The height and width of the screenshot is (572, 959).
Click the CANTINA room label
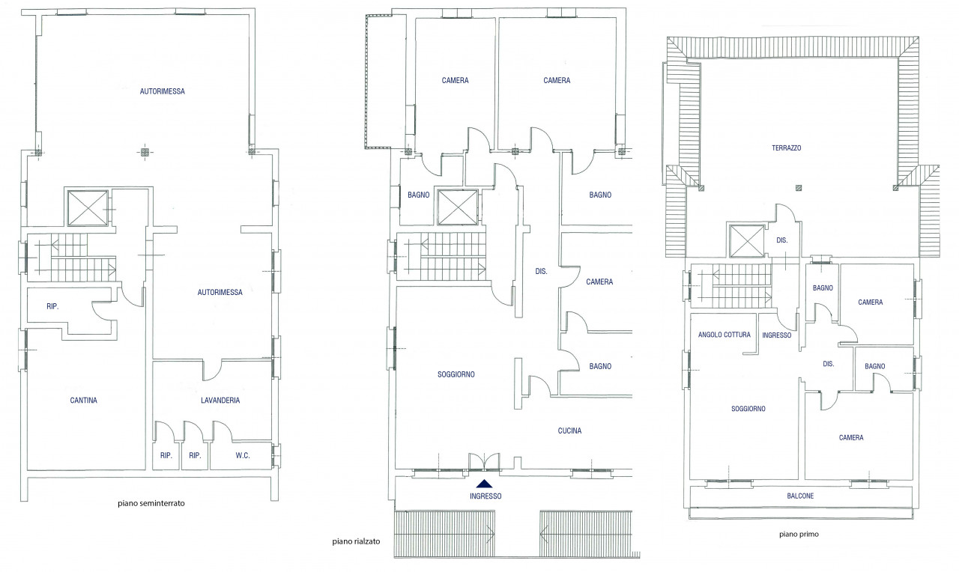point(83,401)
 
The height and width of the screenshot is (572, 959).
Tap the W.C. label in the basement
point(242,456)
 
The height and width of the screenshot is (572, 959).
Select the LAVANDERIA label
point(220,401)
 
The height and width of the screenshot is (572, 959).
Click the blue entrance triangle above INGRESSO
point(484,484)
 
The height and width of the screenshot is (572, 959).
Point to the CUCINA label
point(569,430)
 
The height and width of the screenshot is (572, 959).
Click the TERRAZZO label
point(787,148)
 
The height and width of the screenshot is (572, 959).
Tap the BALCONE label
point(800,496)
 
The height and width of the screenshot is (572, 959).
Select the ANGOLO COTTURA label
point(724,335)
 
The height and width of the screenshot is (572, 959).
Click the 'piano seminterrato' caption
point(151,504)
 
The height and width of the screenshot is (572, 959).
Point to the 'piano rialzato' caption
point(356,541)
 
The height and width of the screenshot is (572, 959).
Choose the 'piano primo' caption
point(799,535)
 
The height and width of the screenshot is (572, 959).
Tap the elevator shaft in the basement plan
point(88,208)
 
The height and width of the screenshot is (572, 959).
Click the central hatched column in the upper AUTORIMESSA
point(145,152)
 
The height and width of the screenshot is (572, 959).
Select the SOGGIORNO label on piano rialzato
point(456,374)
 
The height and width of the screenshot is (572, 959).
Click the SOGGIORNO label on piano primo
point(748,409)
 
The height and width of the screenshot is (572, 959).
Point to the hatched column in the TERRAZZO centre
point(799,188)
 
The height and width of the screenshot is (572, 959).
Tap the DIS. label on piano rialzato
point(541,271)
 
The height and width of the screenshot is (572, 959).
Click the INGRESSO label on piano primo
point(777,335)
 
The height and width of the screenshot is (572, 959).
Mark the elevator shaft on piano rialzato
point(458,207)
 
